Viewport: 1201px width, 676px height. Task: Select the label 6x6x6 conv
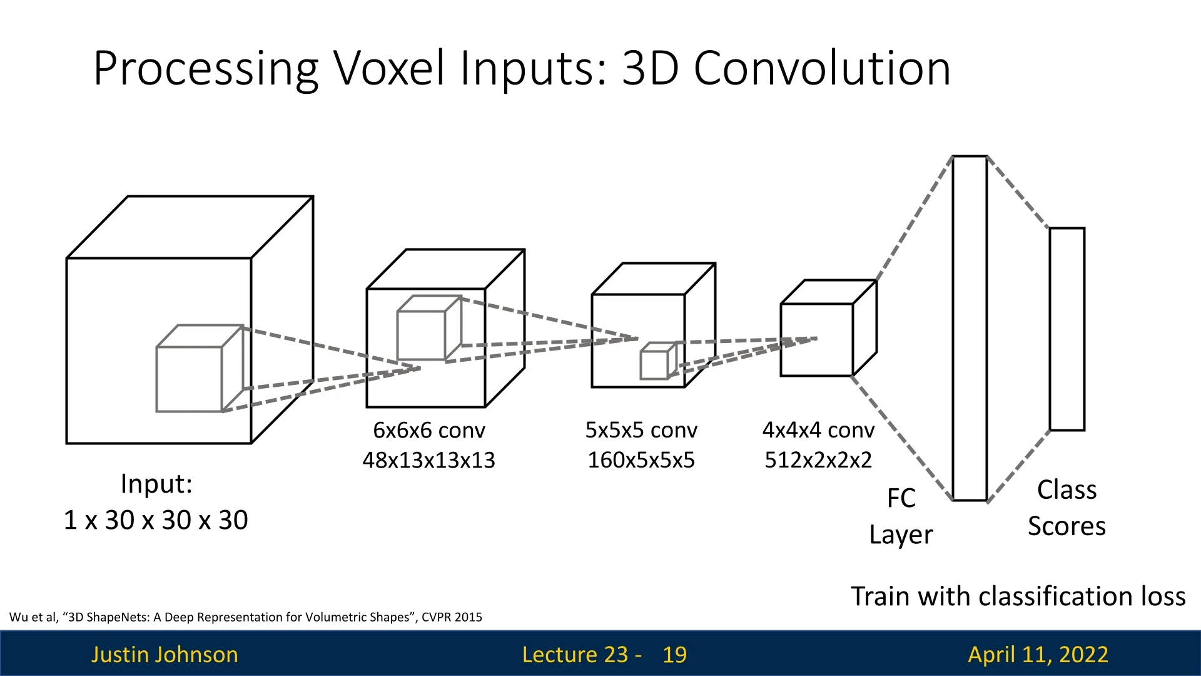[x=429, y=430]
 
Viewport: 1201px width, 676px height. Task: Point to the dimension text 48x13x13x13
[x=429, y=460]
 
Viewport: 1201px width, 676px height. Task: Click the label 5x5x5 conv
[x=641, y=430]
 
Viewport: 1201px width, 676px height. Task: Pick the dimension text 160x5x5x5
[x=641, y=460]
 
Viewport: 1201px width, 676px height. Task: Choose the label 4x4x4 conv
[x=818, y=430]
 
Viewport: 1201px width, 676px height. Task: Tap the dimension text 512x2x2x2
[x=818, y=460]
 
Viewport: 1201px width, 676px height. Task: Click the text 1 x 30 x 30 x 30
[x=156, y=520]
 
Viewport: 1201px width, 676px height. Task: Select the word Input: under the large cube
[x=156, y=484]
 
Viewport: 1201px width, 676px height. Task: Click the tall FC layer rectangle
[x=970, y=329]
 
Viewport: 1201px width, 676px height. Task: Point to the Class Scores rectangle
[x=1067, y=329]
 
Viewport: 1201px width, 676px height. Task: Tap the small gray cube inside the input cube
[x=190, y=379]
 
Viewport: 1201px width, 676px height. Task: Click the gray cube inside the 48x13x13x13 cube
[x=421, y=335]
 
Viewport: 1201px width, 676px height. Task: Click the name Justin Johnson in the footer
[x=165, y=654]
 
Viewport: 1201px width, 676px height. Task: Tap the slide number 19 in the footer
[x=674, y=654]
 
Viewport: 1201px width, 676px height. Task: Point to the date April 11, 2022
[x=1038, y=654]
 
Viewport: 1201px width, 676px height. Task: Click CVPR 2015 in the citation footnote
[x=452, y=617]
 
